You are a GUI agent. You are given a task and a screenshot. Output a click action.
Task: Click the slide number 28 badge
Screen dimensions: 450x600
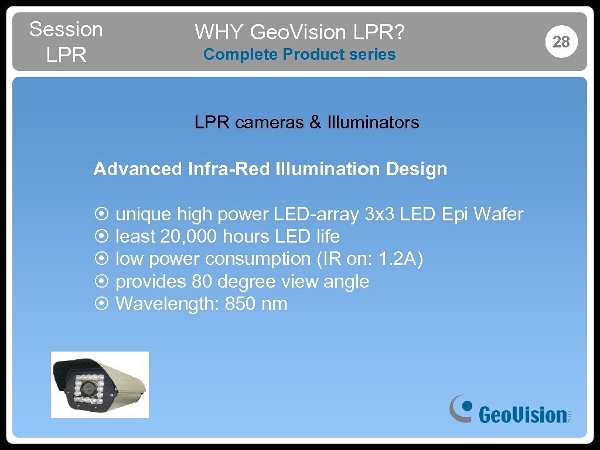[x=561, y=42]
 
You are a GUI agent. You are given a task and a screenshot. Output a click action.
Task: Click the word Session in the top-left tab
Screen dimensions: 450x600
[x=66, y=29]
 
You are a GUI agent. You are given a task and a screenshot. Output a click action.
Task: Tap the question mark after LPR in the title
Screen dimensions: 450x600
[x=400, y=32]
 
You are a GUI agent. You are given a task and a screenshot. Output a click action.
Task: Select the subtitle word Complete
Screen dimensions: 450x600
[x=240, y=54]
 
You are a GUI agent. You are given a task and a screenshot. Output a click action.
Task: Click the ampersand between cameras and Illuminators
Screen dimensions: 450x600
[x=315, y=122]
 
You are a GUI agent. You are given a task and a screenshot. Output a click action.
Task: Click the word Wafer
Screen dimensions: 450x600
[x=498, y=214]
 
